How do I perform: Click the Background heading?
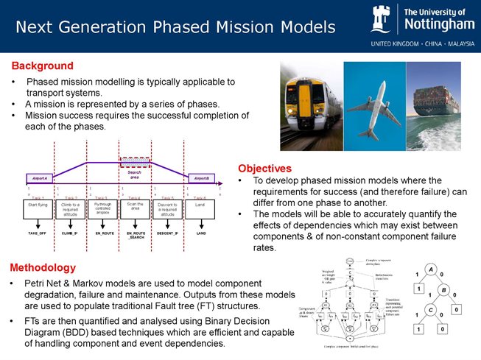pyautogui.click(x=42, y=66)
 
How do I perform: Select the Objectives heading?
pyautogui.click(x=264, y=169)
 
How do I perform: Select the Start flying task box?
pyautogui.click(x=38, y=209)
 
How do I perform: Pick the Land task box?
pyautogui.click(x=200, y=209)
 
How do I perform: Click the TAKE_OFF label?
pyautogui.click(x=38, y=233)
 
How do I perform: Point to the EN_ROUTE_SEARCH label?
pyautogui.click(x=136, y=235)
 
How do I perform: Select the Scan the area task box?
pyautogui.click(x=136, y=209)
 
